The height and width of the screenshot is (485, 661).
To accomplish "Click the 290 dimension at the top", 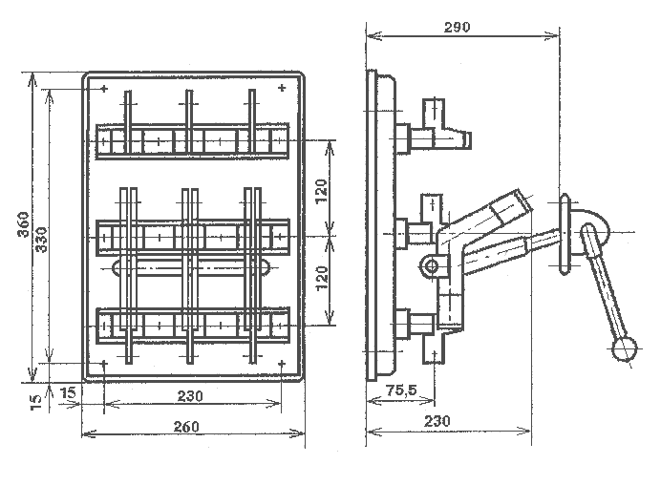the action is point(457,28).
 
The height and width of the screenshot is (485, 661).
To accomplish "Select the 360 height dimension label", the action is point(24,224).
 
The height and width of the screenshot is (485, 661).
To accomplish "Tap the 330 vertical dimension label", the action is point(41,240).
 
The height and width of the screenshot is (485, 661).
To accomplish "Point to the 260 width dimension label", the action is point(186,427).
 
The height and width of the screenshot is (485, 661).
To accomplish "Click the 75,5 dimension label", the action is point(402,390).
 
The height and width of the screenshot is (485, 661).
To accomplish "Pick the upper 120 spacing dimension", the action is point(322,191).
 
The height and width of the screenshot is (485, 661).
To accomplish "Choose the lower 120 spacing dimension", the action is point(322,277).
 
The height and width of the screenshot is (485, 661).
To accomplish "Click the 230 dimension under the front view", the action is point(190,396).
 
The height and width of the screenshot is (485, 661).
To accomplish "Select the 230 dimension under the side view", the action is point(437,420).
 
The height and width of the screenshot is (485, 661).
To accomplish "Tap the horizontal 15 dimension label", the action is point(68,392).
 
